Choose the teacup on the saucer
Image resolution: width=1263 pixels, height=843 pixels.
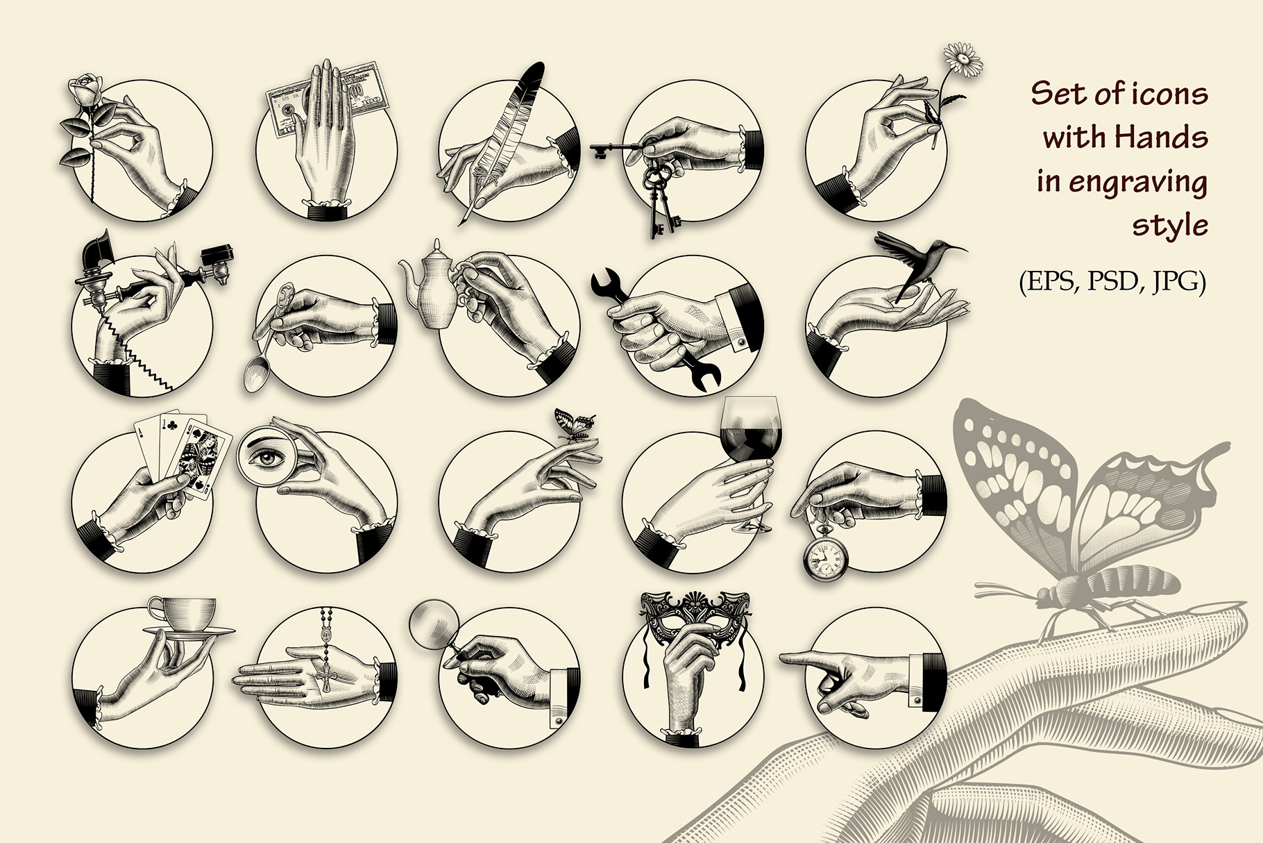(x=182, y=612)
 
